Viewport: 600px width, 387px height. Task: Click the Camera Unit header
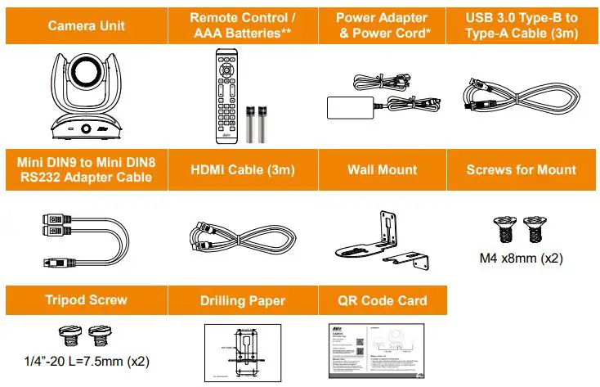[x=86, y=25]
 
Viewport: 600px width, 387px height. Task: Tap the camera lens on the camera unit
[x=87, y=74]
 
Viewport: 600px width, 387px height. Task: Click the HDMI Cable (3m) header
[x=242, y=170]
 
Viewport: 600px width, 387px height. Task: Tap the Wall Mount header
[x=382, y=170]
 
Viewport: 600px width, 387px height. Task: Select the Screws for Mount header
[x=522, y=170]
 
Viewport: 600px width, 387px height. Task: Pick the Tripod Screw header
[x=85, y=300]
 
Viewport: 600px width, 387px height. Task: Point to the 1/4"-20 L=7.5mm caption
[x=86, y=360]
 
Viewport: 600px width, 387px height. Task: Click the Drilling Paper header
[x=243, y=300]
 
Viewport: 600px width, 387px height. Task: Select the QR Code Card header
[x=382, y=300]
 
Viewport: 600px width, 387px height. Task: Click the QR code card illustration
[x=381, y=350]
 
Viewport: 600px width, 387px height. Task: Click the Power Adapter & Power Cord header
[x=382, y=25]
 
